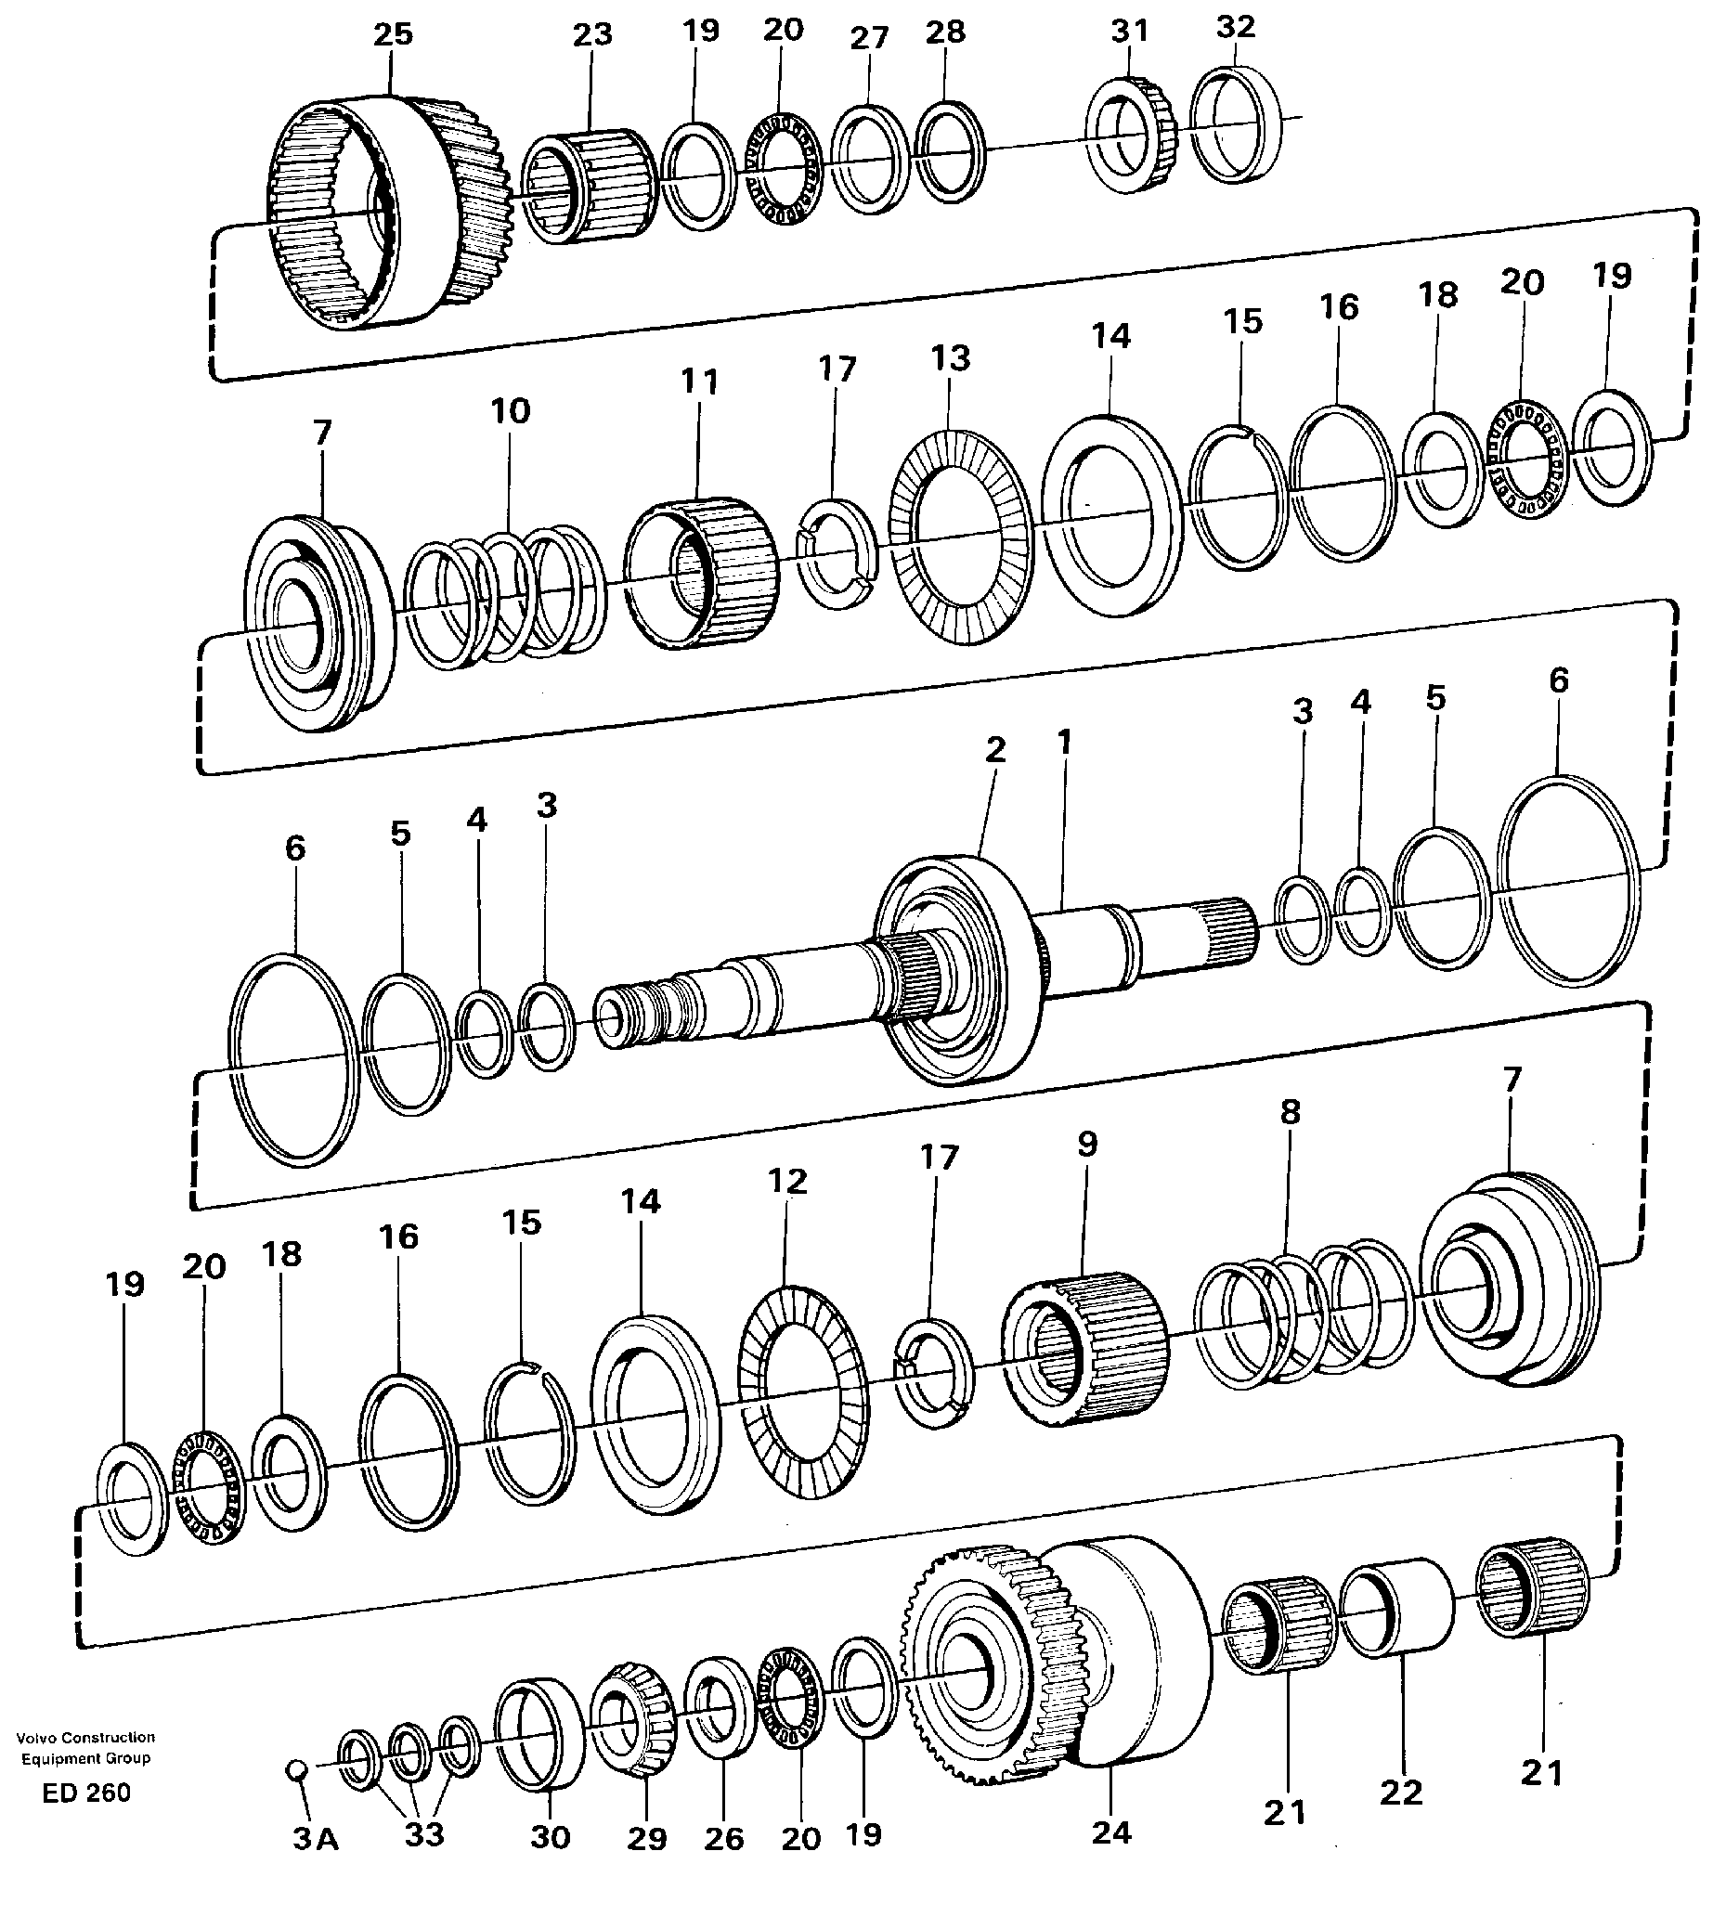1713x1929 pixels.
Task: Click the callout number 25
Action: [x=393, y=35]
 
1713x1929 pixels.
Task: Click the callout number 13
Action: [x=950, y=358]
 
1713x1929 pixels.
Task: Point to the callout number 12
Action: [x=788, y=1182]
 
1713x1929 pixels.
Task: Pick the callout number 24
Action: [x=1110, y=1832]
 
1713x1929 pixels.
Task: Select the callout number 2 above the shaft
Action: [x=994, y=750]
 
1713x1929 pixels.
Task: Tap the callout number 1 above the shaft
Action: [x=1065, y=743]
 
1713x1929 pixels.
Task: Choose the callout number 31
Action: [x=1129, y=32]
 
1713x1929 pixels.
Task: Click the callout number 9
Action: [x=1087, y=1145]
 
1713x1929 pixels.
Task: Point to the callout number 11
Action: [x=699, y=382]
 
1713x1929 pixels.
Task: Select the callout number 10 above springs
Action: [x=510, y=411]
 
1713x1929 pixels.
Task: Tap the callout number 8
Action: [x=1291, y=1112]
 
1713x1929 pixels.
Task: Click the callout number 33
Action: [x=423, y=1834]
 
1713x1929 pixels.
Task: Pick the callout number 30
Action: [x=551, y=1836]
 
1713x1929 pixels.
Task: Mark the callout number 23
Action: [x=592, y=35]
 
